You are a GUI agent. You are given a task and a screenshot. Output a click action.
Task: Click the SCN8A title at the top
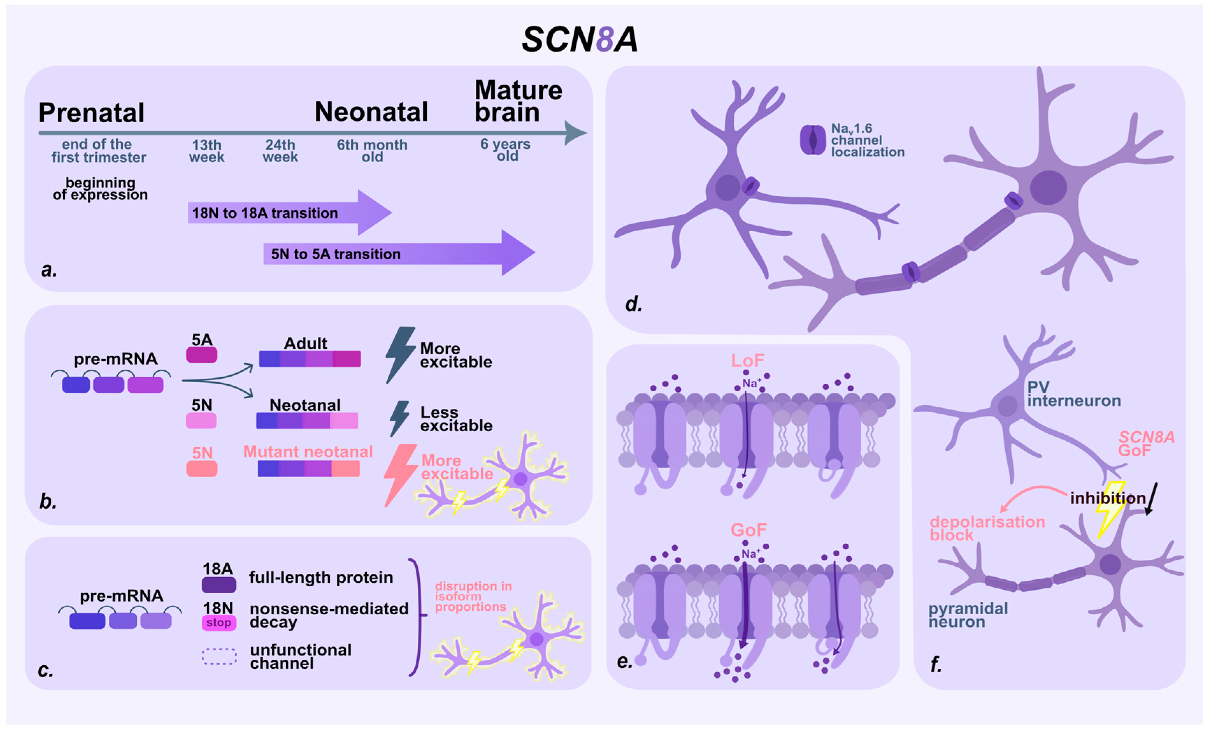(x=580, y=39)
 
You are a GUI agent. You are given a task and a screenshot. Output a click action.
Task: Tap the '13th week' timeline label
(x=207, y=151)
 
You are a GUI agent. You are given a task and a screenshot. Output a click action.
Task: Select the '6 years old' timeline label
(x=505, y=150)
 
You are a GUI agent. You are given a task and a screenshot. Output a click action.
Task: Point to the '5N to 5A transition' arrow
(x=392, y=254)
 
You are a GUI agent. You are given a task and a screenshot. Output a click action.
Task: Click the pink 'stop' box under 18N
(x=218, y=623)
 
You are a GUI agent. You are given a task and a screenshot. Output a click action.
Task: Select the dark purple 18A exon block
(x=218, y=585)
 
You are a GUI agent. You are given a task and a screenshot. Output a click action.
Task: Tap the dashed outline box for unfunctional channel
(x=219, y=656)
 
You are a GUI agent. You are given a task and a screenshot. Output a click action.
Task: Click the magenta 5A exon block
(x=201, y=355)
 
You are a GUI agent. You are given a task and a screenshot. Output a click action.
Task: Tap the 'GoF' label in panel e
(x=748, y=530)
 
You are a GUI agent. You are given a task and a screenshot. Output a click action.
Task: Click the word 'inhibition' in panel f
(x=1108, y=498)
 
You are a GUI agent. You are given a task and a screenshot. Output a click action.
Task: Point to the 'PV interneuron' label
(x=1073, y=394)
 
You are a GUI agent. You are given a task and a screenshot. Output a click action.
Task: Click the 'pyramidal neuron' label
(x=968, y=615)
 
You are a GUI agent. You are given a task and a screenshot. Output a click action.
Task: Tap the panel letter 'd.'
(x=633, y=304)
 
